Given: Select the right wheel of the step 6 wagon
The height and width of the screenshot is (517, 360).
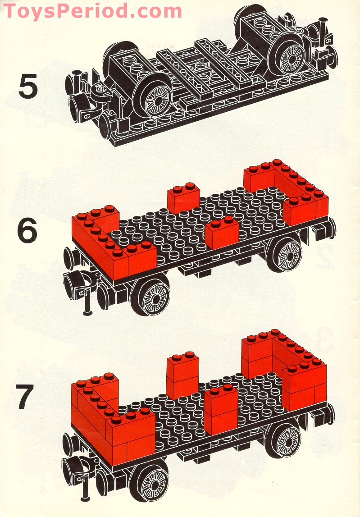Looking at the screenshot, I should tap(287, 255).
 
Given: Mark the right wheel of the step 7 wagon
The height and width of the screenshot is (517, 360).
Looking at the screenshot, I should tap(287, 439).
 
